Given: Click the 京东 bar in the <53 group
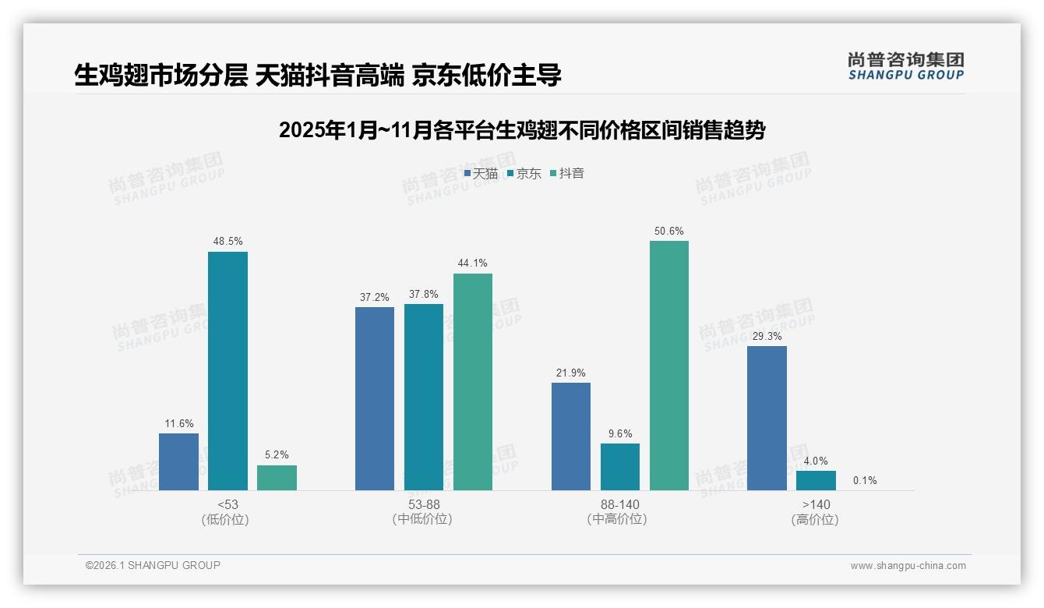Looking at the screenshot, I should tap(227, 371).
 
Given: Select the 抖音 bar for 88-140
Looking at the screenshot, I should tap(668, 366).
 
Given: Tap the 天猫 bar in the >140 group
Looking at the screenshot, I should tap(767, 418).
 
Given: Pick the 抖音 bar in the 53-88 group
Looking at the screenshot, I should tap(473, 382).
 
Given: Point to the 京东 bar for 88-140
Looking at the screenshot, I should tap(620, 467).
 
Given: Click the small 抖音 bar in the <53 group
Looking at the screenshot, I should tap(277, 478).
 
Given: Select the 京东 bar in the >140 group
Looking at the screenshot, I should tap(816, 480).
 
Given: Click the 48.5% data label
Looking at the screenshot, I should tap(227, 242).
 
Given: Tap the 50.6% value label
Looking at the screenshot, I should tap(669, 232).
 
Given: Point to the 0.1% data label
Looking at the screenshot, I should tap(865, 481).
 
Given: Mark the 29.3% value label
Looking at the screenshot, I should tap(767, 337).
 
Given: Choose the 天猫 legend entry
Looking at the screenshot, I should tap(481, 174).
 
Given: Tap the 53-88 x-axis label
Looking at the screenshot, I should tap(424, 505).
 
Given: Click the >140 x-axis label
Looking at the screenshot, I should tap(816, 505).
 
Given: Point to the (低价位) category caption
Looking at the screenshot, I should tap(225, 520).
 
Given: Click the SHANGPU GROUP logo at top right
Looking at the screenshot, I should tap(905, 66).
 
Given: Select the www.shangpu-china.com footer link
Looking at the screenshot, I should tap(908, 566).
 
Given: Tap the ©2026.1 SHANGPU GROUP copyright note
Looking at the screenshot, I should tap(153, 565).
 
